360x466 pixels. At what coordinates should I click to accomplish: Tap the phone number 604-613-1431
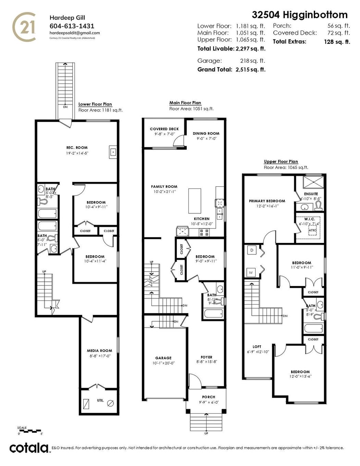(72, 26)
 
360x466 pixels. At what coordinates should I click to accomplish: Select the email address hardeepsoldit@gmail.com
(75, 33)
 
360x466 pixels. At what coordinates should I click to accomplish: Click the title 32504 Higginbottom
(300, 15)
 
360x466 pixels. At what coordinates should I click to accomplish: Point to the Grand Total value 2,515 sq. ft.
(250, 69)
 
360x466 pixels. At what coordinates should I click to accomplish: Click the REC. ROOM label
(77, 148)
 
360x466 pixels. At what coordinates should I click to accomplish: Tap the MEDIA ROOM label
(99, 351)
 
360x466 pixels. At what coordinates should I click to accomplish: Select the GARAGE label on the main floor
(163, 358)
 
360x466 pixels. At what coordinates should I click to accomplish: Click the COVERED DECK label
(164, 129)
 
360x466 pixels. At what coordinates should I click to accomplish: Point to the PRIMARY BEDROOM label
(267, 201)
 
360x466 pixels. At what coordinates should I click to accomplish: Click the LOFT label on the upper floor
(257, 347)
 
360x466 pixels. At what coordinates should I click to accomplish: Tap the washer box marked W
(251, 273)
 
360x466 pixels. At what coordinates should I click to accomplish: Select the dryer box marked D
(252, 250)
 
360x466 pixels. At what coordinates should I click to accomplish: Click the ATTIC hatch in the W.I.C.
(312, 230)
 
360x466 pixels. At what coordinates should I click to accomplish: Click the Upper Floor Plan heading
(281, 162)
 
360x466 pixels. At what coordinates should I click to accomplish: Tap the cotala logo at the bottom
(29, 448)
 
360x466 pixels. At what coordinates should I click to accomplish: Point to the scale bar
(30, 430)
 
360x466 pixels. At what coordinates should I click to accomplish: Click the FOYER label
(206, 357)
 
